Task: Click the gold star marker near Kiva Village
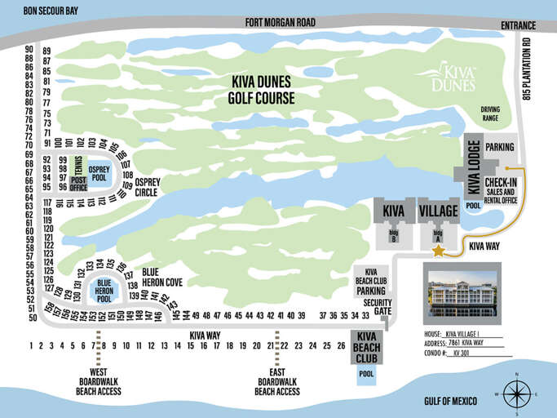click(x=439, y=251)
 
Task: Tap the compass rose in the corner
click(x=515, y=394)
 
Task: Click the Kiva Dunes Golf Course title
click(x=262, y=91)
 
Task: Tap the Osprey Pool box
click(x=99, y=173)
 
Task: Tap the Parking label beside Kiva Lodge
click(x=499, y=147)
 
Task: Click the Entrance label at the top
click(x=519, y=26)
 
